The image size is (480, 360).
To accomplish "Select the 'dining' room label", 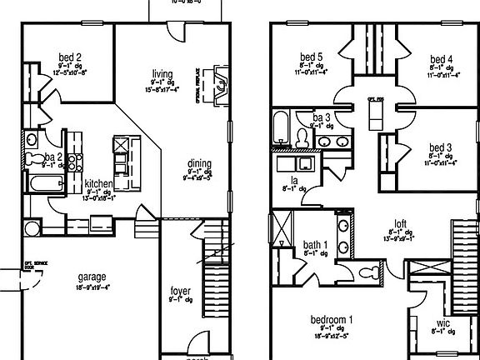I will pos(198,163).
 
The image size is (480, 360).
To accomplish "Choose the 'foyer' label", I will pos(180,292).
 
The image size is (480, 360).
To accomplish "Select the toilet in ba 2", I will pos(34,158).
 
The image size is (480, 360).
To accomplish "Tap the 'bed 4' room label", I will pos(441,58).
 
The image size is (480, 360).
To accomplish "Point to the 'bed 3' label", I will pos(442,147).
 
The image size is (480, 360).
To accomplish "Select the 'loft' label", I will pos(400,223).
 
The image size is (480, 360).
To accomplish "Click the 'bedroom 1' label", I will pos(332,319).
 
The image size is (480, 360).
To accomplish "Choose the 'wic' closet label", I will pos(444,323).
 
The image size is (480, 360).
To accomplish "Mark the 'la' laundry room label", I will pos(294,180).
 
